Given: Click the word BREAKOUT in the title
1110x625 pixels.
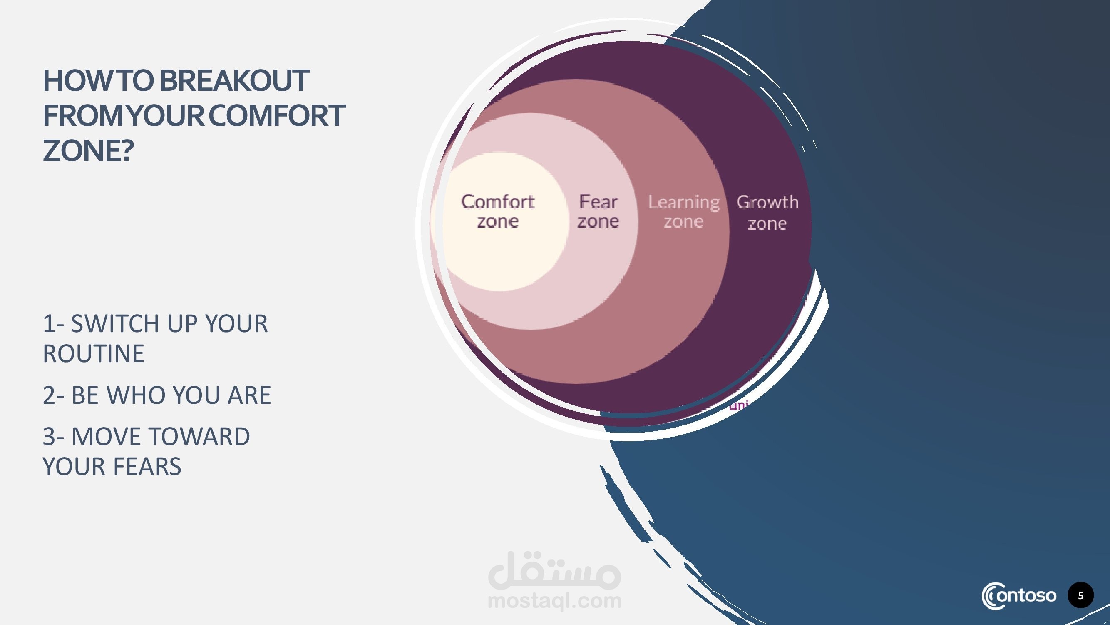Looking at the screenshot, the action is click(x=234, y=81).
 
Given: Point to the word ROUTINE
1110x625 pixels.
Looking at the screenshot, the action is click(x=94, y=354).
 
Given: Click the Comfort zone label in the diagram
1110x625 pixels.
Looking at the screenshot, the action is click(x=498, y=211).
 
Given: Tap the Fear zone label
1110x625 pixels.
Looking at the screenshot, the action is click(x=598, y=211).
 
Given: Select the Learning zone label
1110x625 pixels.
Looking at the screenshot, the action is click(x=684, y=211).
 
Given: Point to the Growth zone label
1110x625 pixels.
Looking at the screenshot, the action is click(x=767, y=212).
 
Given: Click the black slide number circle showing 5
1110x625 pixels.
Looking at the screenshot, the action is click(x=1081, y=596).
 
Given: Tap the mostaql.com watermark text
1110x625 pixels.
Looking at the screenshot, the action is click(x=554, y=600).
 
